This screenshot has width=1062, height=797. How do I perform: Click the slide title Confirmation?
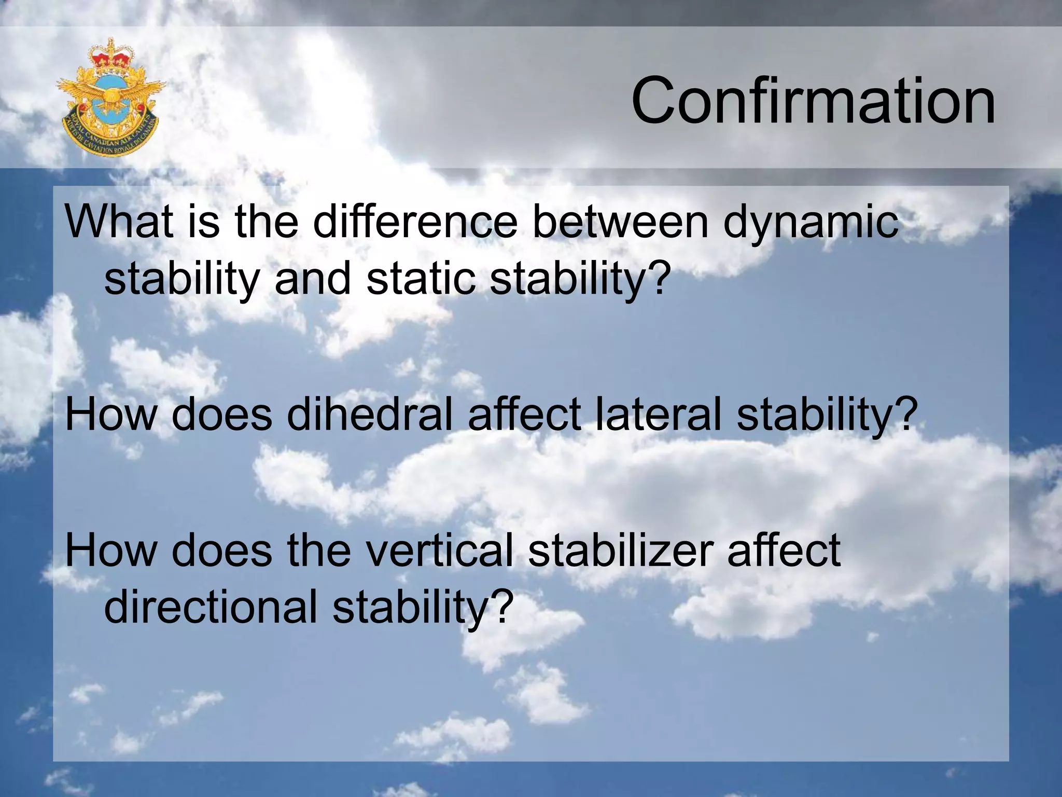(813, 101)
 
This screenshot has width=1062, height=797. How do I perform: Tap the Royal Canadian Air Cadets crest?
(110, 97)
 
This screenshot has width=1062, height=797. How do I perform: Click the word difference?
(415, 222)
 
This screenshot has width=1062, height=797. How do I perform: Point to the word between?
(620, 222)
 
